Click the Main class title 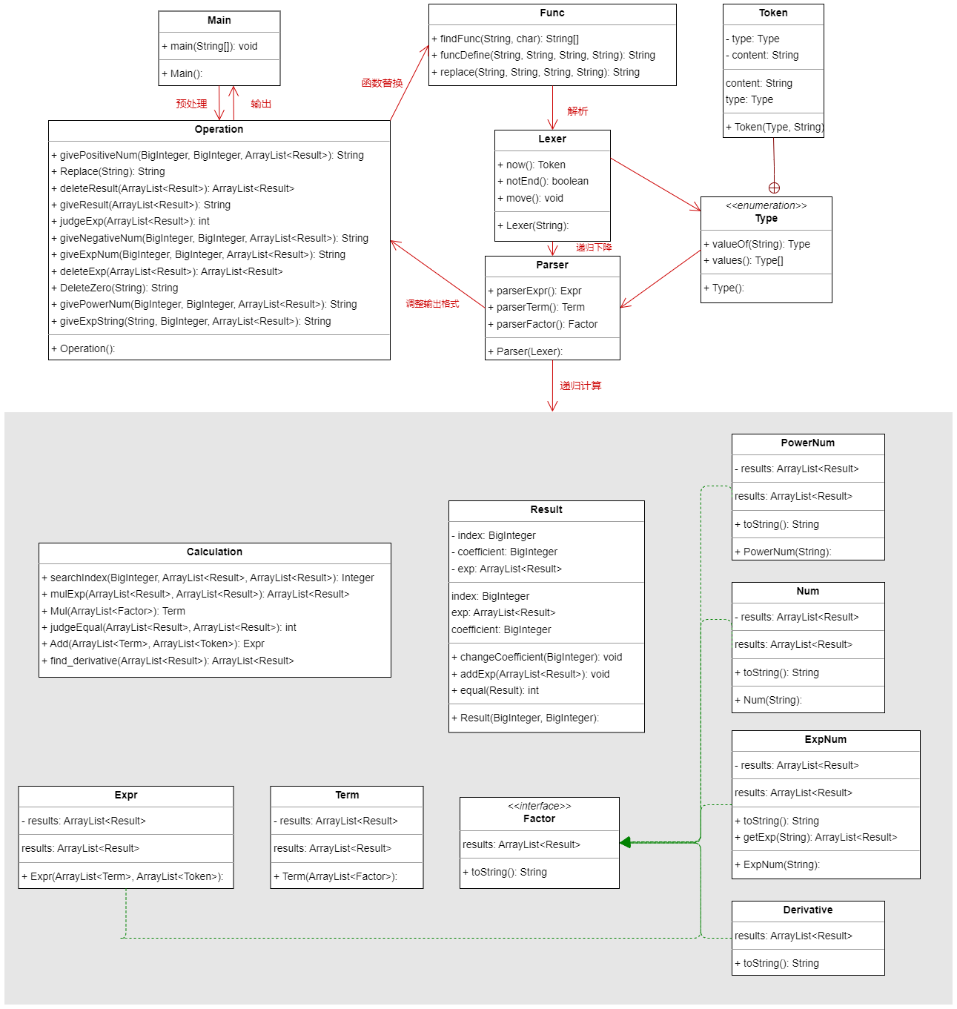[219, 20]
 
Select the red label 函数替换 [382, 83]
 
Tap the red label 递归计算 [580, 386]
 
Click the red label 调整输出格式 [432, 303]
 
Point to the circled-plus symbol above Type [774, 188]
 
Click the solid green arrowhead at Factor [624, 842]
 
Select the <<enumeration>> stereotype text [766, 205]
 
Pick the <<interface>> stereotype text [539, 806]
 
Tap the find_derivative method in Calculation [168, 661]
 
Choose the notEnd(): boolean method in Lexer [543, 181]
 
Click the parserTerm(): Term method [536, 307]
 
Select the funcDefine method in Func [543, 55]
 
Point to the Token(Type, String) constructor [775, 127]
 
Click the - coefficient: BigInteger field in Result [504, 552]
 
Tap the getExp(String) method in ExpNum [815, 837]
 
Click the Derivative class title [807, 910]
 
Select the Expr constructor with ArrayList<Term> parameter [122, 876]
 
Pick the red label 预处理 [191, 104]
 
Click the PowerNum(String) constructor [783, 552]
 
